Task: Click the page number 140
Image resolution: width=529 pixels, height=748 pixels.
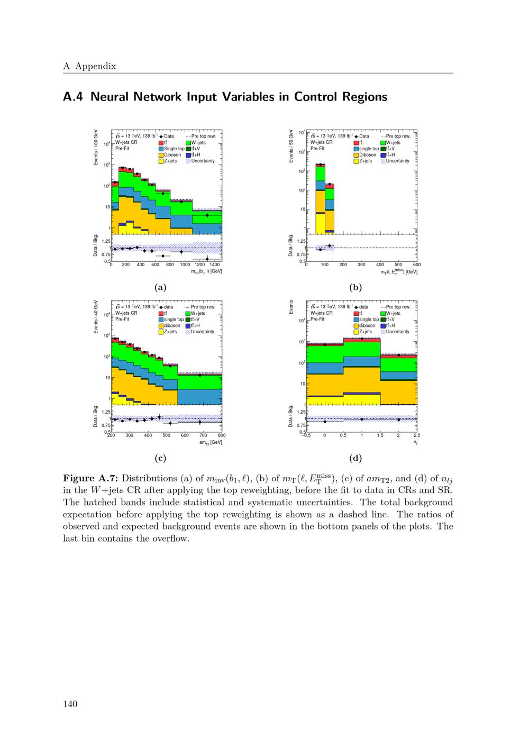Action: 70,704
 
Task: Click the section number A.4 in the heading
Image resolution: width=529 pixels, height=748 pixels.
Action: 74,97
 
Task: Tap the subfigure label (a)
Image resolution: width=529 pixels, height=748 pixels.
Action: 160,287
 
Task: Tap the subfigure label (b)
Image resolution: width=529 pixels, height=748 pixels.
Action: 355,287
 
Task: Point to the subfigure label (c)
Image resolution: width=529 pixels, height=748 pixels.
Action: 160,458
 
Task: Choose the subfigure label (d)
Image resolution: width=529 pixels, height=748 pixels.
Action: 355,458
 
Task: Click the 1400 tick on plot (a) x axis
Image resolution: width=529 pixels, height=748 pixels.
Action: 215,264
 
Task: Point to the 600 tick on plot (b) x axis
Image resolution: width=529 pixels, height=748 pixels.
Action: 416,264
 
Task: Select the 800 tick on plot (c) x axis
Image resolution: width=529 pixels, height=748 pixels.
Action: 221,435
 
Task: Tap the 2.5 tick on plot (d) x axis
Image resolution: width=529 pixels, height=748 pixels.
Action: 416,435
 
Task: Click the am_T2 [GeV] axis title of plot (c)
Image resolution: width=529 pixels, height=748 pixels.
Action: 211,442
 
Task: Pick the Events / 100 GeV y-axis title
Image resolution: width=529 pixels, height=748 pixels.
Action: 96,147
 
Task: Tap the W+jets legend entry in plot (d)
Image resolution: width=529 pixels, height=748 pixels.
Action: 393,313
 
